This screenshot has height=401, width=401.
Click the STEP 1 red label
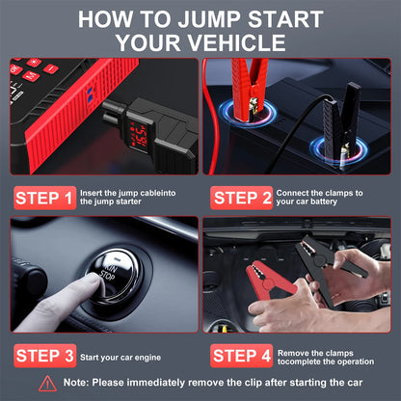coord(44,199)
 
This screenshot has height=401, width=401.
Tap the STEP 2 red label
coord(241,199)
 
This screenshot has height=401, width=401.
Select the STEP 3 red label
coord(44,356)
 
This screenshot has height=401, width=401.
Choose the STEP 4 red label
coord(241,356)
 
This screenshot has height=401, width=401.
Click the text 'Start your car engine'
coord(120,356)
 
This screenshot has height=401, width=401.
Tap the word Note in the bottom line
coord(82,384)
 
